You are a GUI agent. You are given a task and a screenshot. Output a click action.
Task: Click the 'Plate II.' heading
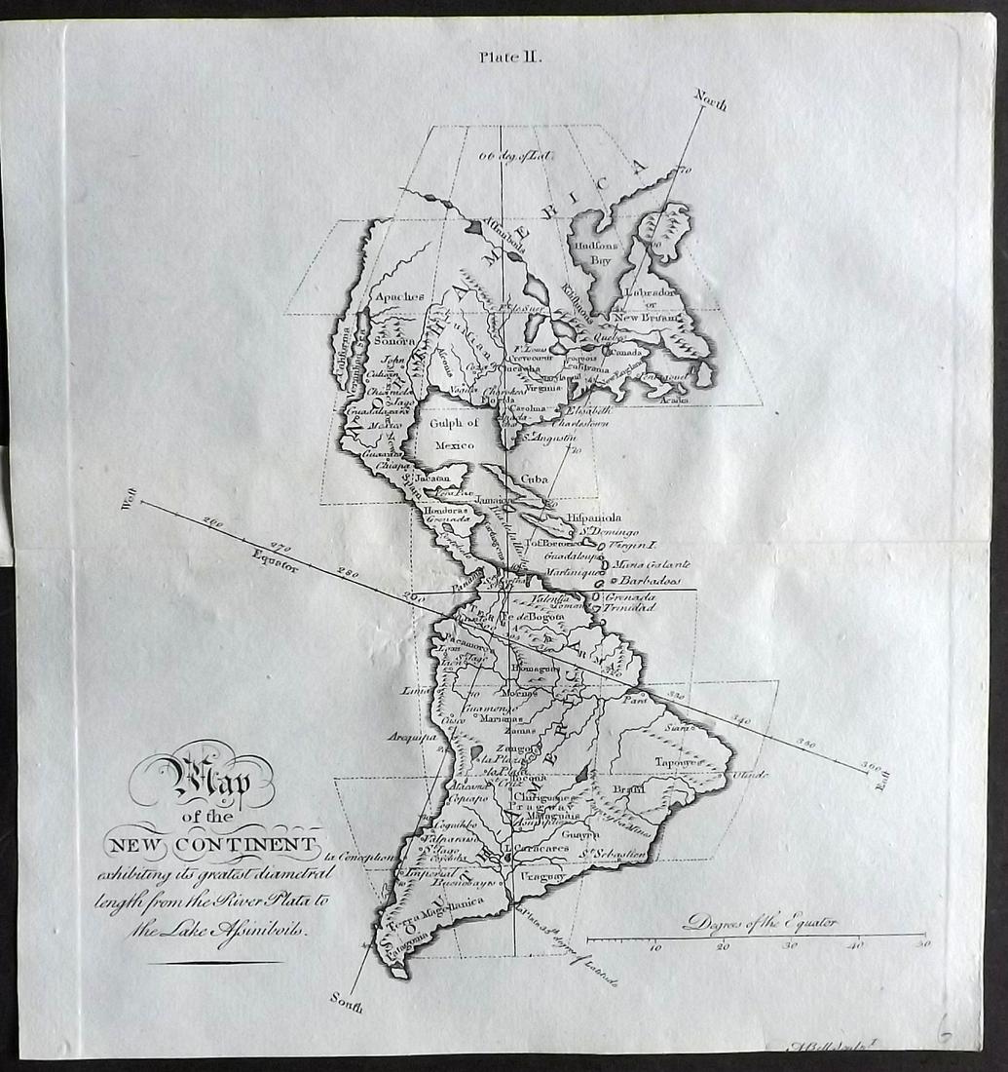[510, 57]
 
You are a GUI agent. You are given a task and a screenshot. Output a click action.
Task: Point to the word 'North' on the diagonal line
[710, 99]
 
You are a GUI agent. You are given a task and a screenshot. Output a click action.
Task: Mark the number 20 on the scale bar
[722, 946]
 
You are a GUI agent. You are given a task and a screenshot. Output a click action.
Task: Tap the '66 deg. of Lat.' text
[508, 154]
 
